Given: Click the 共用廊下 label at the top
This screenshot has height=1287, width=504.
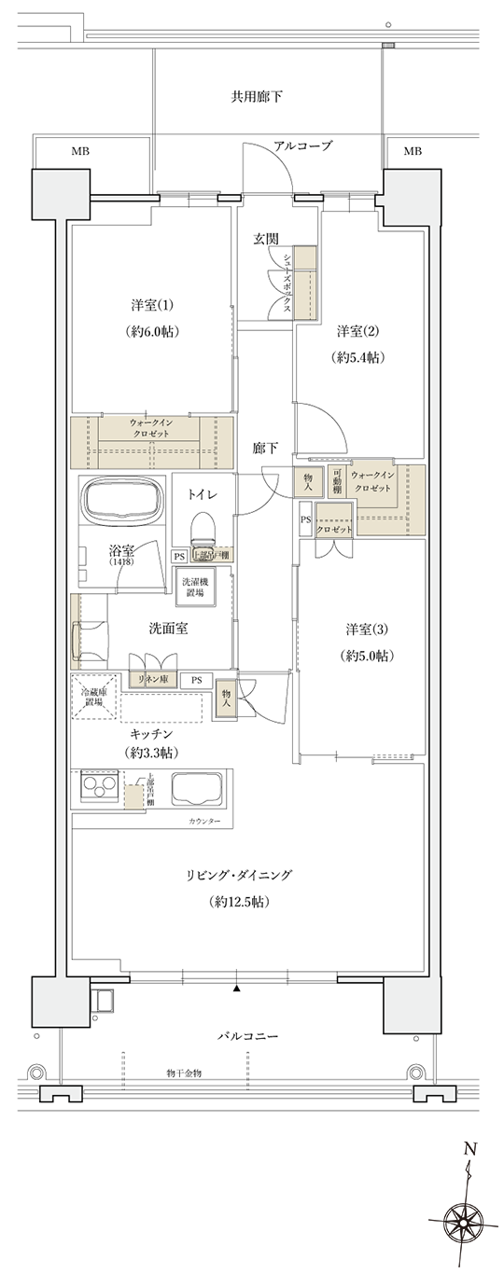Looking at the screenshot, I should pyautogui.click(x=257, y=97).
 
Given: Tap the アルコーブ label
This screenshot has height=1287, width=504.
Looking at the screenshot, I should pyautogui.click(x=302, y=146).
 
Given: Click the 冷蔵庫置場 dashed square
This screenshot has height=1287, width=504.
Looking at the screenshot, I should pyautogui.click(x=93, y=697).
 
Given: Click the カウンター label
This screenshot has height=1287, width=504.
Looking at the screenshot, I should pyautogui.click(x=204, y=821).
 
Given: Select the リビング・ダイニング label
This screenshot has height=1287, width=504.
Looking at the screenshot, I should pyautogui.click(x=239, y=875).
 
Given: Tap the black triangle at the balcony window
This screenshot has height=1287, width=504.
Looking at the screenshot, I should pyautogui.click(x=238, y=987).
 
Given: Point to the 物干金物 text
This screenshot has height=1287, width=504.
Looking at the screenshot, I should pyautogui.click(x=184, y=1073).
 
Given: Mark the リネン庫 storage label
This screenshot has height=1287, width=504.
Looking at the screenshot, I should pyautogui.click(x=153, y=680).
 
